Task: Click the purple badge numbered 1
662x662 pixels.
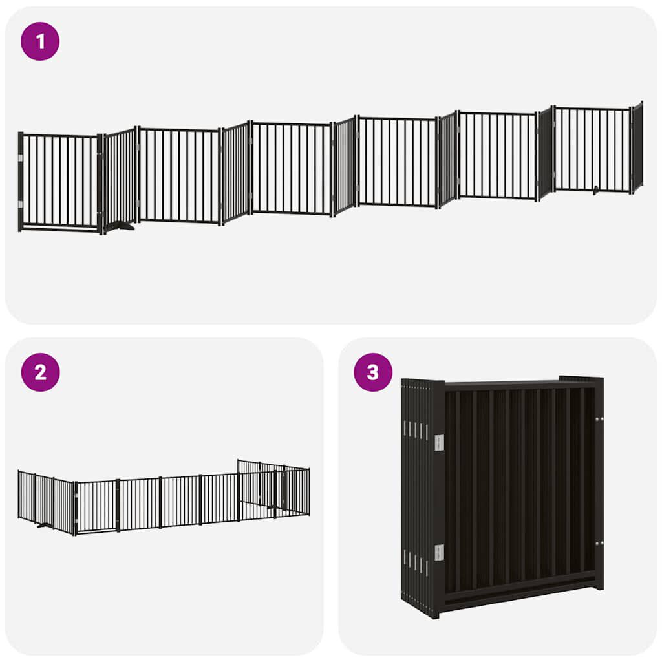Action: click(40, 41)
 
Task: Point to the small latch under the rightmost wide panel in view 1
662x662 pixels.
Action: click(596, 190)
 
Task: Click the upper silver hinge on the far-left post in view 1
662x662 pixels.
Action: click(21, 157)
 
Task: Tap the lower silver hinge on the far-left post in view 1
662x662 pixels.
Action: click(21, 204)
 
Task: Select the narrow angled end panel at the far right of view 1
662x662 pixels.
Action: click(637, 147)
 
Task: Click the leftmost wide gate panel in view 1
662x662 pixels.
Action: click(59, 181)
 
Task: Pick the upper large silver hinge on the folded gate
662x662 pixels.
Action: click(439, 442)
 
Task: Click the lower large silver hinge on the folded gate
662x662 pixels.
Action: click(439, 553)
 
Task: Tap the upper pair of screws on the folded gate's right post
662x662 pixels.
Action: click(599, 420)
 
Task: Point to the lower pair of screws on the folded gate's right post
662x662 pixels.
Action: click(599, 542)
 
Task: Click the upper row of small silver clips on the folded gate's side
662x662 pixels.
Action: click(416, 429)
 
